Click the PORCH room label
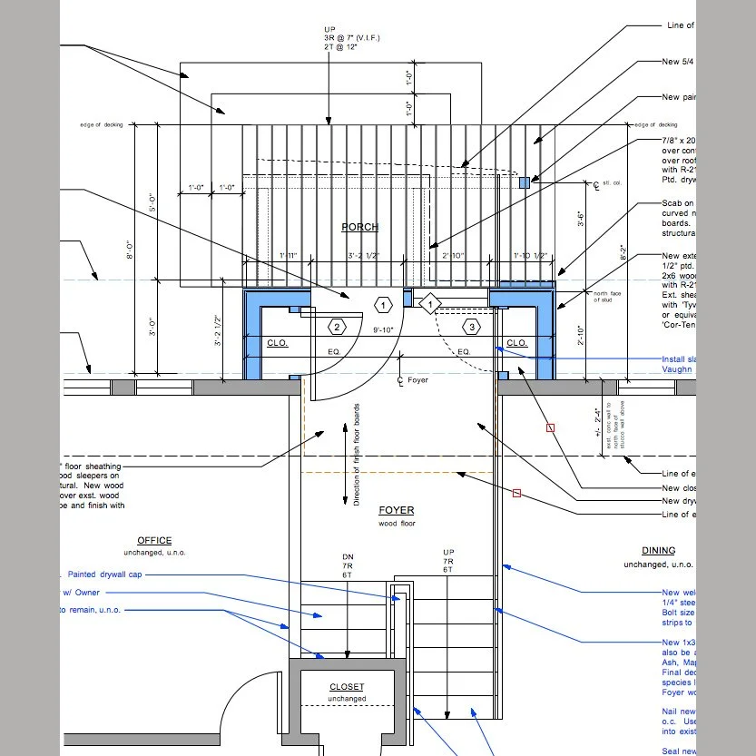tap(360, 227)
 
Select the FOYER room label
tap(396, 511)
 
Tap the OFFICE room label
tap(154, 540)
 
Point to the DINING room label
tap(658, 550)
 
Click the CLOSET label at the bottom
tap(347, 687)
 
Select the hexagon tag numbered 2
tap(337, 327)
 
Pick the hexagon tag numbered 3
tap(471, 327)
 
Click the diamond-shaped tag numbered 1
tap(429, 304)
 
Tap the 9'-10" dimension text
tap(384, 330)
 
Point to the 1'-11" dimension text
tap(289, 257)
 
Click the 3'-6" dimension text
tap(581, 218)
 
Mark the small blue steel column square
tap(524, 182)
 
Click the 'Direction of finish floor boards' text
tap(357, 454)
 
